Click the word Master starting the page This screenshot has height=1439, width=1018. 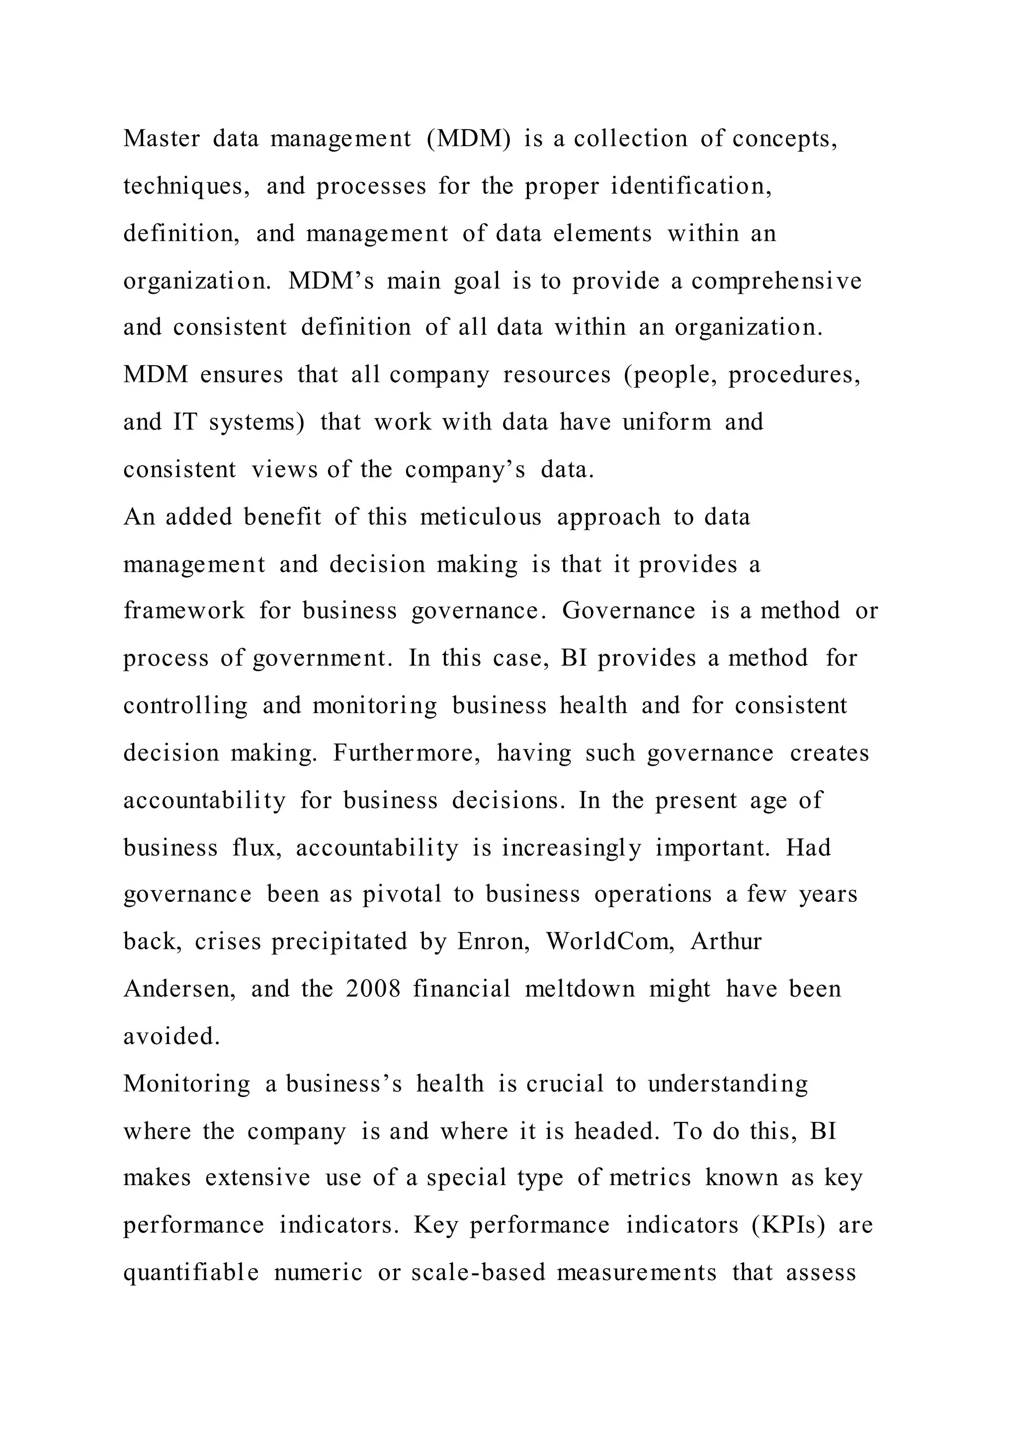[162, 139]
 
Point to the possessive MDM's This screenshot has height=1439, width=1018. [331, 281]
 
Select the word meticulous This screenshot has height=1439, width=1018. [480, 517]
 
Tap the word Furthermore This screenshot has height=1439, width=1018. [406, 752]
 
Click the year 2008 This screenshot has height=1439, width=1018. [373, 989]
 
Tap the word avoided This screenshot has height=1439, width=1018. [172, 1037]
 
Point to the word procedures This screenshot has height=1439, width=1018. [794, 375]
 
